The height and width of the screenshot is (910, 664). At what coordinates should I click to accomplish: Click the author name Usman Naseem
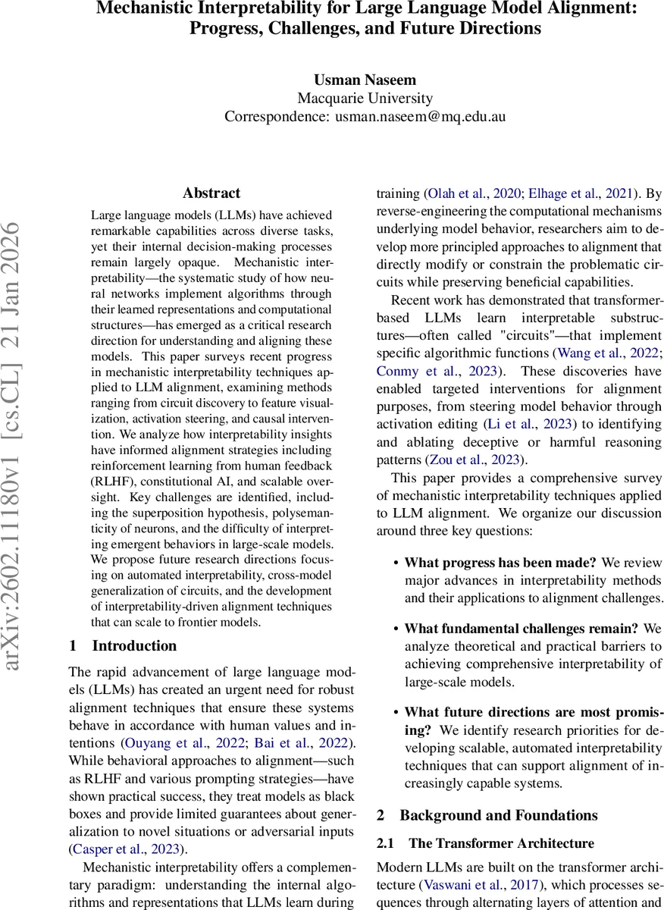click(365, 79)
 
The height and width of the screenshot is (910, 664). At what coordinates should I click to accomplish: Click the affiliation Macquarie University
click(365, 98)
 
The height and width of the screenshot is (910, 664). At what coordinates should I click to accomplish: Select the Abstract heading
click(211, 193)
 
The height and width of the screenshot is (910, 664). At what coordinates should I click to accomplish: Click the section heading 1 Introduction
click(122, 646)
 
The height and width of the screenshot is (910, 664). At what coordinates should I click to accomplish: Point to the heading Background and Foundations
click(499, 815)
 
